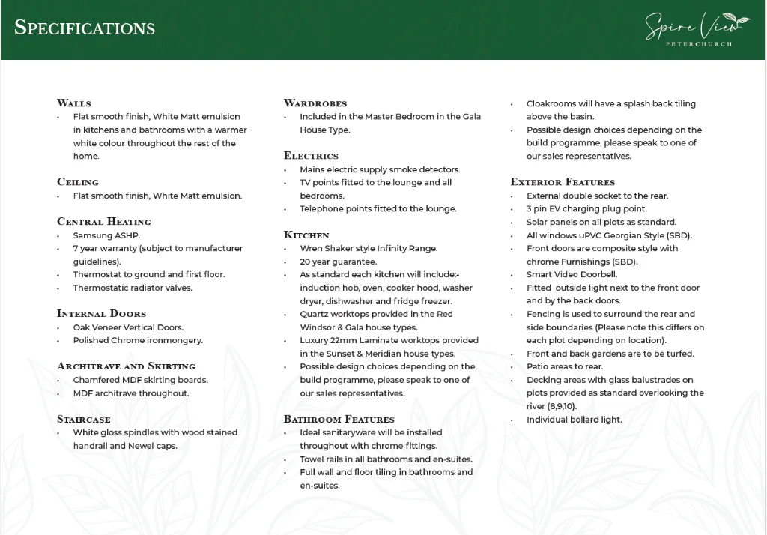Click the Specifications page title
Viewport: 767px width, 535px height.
coord(85,28)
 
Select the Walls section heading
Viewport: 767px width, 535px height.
coord(74,103)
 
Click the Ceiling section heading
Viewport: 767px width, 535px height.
coord(78,182)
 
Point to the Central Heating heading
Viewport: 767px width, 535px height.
coord(104,222)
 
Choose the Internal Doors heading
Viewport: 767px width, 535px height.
coord(101,314)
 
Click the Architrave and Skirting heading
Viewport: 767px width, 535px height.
coord(126,366)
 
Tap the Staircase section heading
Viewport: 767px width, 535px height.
coord(83,420)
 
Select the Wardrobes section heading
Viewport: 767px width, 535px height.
coord(315,103)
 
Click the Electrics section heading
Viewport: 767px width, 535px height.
coord(311,156)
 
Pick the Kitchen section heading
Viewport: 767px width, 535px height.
coord(306,235)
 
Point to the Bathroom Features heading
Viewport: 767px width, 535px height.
coord(339,420)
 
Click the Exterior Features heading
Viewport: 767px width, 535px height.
coord(563,182)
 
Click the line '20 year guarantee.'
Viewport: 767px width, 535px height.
coord(339,262)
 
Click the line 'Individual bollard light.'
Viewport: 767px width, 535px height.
coord(575,420)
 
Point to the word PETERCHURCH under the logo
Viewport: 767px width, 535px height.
coord(699,44)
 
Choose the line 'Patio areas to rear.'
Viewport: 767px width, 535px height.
coord(565,367)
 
